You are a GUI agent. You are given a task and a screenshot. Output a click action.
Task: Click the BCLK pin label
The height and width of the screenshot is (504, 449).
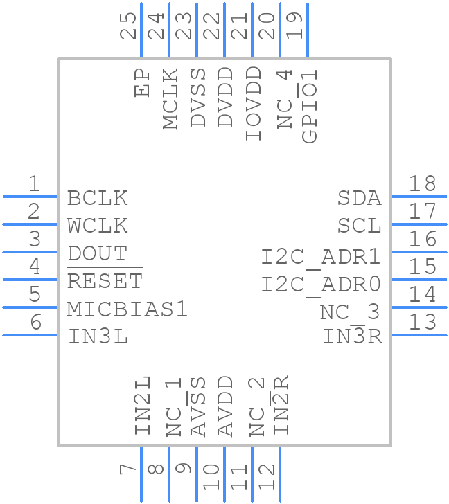coord(98,198)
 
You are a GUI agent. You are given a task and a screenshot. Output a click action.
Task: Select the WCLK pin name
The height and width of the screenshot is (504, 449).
coord(98,226)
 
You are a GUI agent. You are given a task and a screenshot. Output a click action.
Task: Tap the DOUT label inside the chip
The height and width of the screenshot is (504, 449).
coord(98,253)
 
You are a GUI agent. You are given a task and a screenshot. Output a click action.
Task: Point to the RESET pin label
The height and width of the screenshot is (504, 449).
coord(105,281)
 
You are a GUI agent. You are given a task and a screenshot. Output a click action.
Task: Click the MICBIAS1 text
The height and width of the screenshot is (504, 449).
coord(127,309)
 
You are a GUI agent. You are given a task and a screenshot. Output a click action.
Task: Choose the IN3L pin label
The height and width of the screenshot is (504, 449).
coord(98,337)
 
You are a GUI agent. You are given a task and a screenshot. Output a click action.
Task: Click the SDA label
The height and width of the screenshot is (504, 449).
coord(360,198)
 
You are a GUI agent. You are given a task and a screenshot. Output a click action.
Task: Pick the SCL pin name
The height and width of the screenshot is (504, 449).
coord(360,226)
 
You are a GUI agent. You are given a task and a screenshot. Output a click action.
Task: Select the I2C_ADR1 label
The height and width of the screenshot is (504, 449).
coord(322,257)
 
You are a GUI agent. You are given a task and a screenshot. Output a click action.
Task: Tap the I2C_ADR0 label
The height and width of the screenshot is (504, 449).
coord(322,285)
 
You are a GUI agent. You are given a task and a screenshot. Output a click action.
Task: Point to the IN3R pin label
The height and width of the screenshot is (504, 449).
coord(353,337)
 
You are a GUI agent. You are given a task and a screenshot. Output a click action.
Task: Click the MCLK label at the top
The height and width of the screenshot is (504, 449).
coord(171,98)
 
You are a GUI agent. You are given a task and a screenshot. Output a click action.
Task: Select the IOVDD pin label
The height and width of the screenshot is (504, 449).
coord(254,104)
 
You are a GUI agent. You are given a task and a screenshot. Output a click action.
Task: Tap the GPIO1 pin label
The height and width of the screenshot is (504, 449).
coord(310,105)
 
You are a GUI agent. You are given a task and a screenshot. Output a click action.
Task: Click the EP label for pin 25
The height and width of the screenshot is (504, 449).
coord(143,82)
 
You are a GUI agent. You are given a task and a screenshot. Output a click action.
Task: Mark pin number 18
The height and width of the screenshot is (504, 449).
coord(422,184)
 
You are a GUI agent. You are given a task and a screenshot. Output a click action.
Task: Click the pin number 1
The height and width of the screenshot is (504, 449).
coord(33,184)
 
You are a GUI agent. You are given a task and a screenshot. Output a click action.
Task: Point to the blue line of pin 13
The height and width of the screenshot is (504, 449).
coord(419,335)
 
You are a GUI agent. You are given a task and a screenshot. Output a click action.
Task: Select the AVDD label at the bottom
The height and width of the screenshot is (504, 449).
coord(226,406)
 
